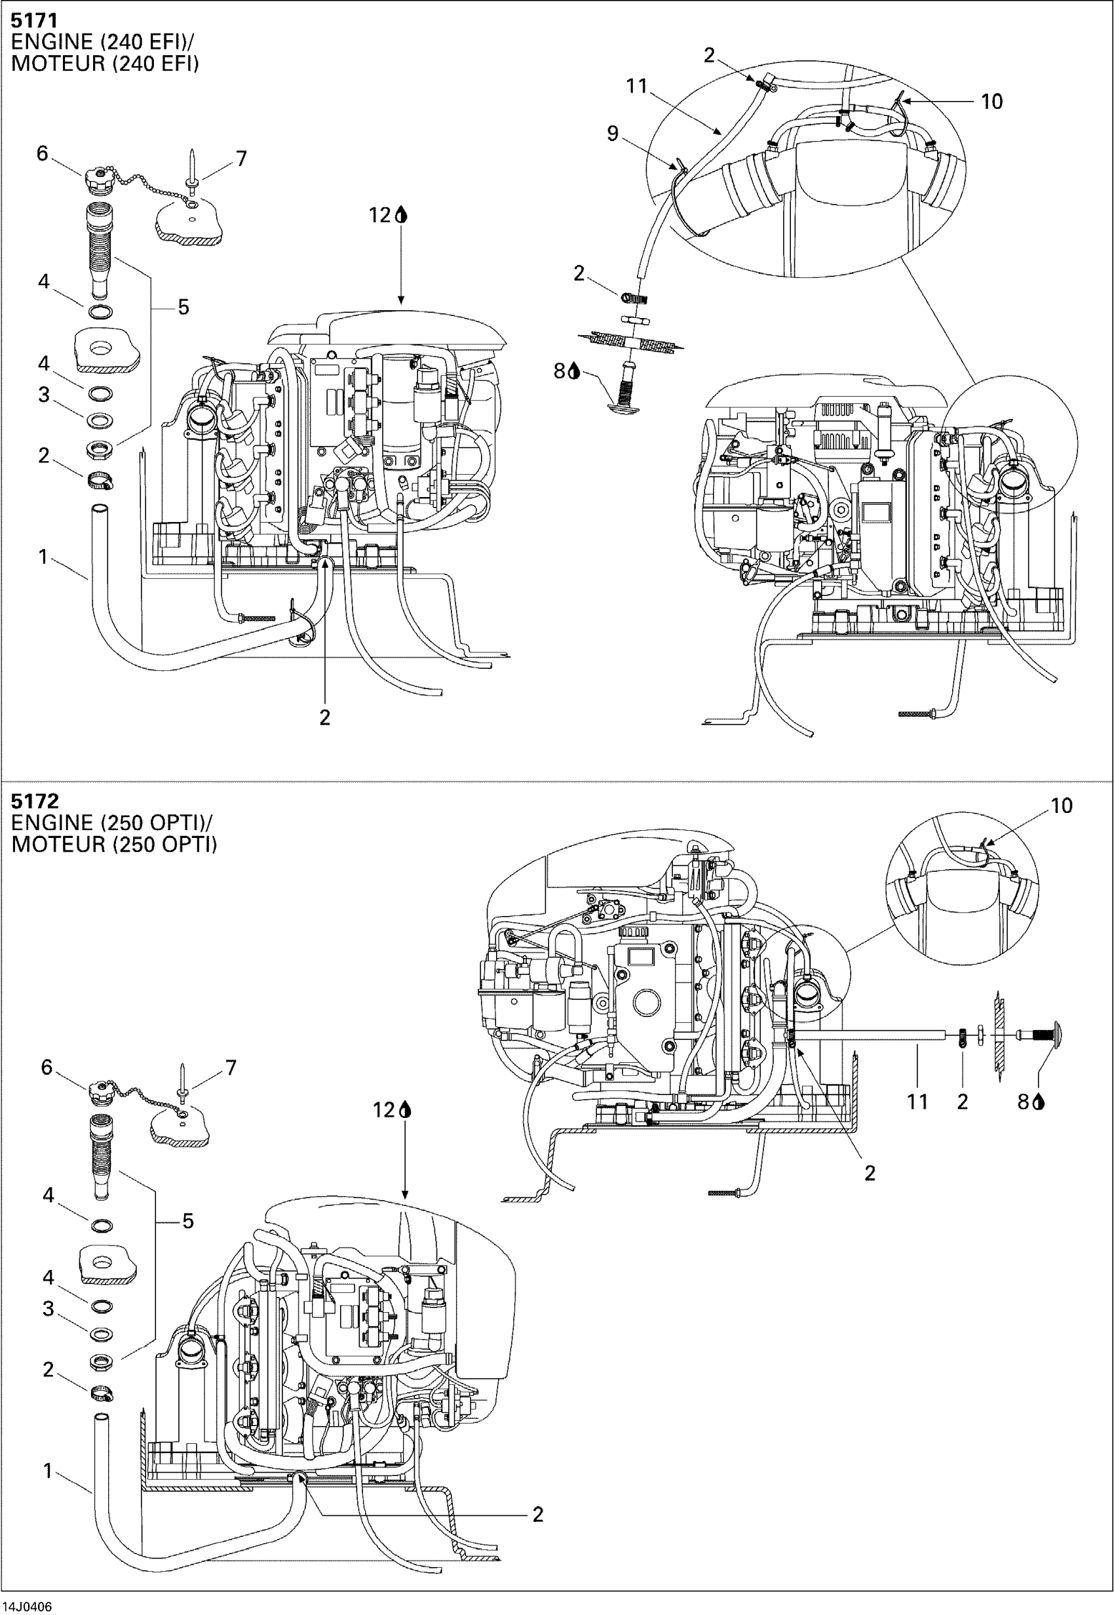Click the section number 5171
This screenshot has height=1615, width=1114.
(33, 20)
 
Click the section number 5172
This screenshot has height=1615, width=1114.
(34, 800)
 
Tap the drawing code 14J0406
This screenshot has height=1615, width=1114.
(28, 1606)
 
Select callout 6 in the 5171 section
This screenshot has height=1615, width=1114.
(43, 153)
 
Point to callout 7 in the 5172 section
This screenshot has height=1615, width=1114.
(231, 1067)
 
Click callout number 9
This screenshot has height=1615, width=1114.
(612, 133)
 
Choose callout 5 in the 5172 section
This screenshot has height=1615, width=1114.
(188, 1220)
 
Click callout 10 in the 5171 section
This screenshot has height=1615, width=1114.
(991, 102)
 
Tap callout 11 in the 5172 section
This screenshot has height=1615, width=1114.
(917, 1102)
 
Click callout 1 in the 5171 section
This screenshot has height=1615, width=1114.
(43, 557)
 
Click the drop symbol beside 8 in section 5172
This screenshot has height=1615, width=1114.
(1039, 1102)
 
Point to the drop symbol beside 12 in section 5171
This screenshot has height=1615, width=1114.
(400, 214)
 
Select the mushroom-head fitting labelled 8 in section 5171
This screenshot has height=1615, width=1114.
(625, 392)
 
